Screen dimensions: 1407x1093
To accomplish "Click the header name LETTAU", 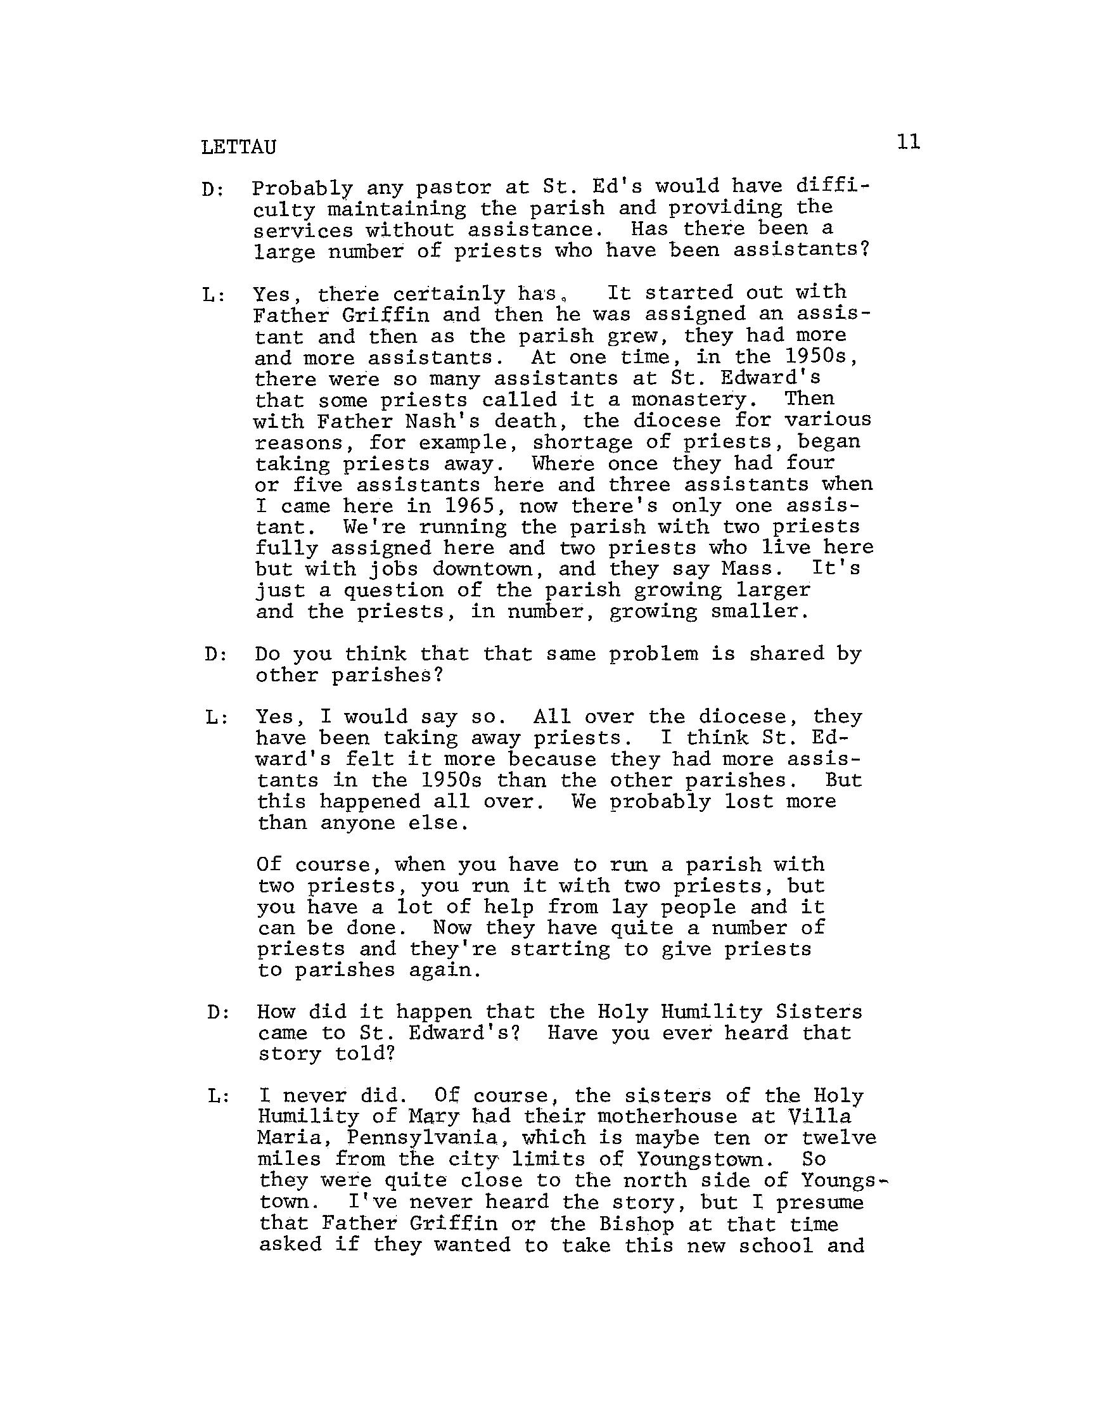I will point(238,148).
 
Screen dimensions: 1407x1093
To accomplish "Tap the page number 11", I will point(908,142).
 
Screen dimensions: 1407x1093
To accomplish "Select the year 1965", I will point(468,506).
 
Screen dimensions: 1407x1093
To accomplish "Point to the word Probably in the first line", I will point(302,188).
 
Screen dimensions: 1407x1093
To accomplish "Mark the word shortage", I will point(582,442).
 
